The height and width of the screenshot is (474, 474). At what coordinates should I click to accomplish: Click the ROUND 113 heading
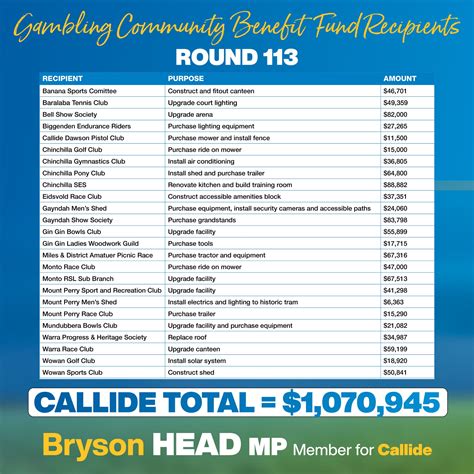pyautogui.click(x=237, y=56)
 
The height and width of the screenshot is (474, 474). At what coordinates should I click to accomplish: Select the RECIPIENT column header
pyautogui.click(x=61, y=78)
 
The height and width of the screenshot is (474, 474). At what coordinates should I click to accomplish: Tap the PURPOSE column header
pyautogui.click(x=186, y=78)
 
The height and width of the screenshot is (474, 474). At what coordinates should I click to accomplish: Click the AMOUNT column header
pyautogui.click(x=399, y=78)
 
